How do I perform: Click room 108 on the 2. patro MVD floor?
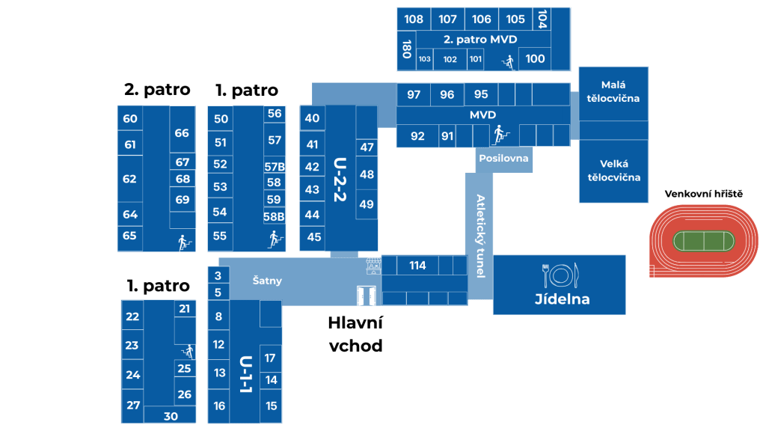[414, 19]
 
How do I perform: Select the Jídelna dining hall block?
[560, 284]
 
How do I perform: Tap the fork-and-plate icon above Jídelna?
[561, 275]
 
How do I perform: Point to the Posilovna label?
[503, 159]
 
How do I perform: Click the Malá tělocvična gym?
[613, 92]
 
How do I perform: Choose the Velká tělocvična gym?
[613, 171]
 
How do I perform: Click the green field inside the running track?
[703, 242]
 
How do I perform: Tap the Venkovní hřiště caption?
[703, 194]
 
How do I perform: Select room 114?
[417, 266]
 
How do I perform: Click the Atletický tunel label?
[480, 236]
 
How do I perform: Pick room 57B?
[275, 167]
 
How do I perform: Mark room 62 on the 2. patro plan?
[130, 179]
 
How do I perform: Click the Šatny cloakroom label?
[267, 281]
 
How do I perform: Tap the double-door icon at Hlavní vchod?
[366, 296]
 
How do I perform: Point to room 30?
[171, 416]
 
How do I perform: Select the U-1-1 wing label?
[246, 374]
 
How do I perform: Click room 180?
[406, 49]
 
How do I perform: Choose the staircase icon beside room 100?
[509, 62]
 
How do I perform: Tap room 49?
[367, 204]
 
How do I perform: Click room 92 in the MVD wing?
[417, 136]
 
